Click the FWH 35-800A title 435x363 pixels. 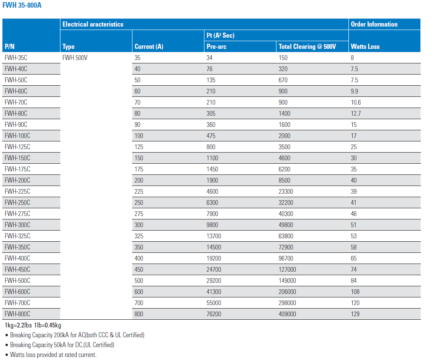click(22, 5)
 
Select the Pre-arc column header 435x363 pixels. click(216, 47)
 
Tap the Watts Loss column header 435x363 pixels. click(365, 47)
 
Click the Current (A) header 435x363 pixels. click(149, 47)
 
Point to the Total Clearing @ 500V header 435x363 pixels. click(307, 47)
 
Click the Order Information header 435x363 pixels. click(374, 24)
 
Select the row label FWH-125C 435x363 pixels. click(18, 147)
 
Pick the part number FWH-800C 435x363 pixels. click(18, 314)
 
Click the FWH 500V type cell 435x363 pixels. click(75, 58)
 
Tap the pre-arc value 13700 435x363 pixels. click(213, 236)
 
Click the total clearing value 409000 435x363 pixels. click(287, 314)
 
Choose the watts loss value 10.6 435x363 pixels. click(356, 102)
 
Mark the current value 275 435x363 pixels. click(139, 214)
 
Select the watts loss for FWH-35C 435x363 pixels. click(352, 58)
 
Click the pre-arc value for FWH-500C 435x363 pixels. click(213, 281)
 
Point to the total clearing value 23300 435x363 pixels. click(286, 192)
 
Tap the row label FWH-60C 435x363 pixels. click(16, 91)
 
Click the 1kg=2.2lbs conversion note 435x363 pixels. click(33, 325)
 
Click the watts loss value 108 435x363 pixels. click(355, 292)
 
